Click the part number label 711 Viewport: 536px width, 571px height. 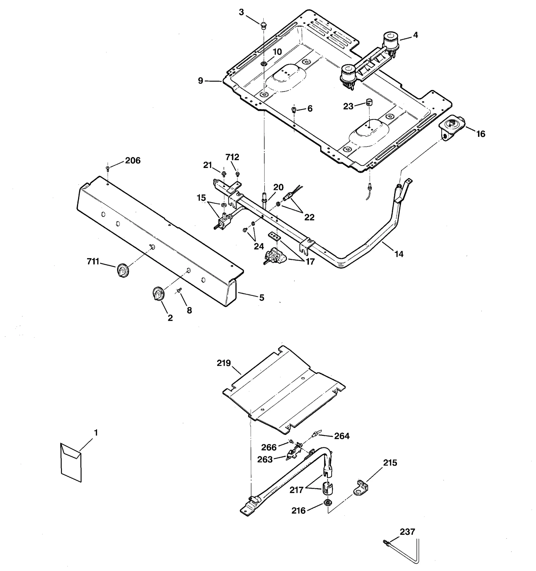coord(93,261)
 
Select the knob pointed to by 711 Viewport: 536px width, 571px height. coord(123,271)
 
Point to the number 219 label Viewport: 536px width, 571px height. coord(224,363)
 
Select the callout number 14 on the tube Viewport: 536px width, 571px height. coord(399,254)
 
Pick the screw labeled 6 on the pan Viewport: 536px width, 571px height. coord(294,109)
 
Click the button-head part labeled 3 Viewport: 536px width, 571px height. coord(264,24)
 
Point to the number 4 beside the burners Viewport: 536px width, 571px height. coord(415,35)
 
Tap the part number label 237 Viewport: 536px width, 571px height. coord(407,532)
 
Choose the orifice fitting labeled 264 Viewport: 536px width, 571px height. coord(315,435)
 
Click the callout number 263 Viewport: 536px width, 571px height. coord(265,460)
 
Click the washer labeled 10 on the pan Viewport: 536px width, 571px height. coord(264,63)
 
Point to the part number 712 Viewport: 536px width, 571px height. coord(232,157)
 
